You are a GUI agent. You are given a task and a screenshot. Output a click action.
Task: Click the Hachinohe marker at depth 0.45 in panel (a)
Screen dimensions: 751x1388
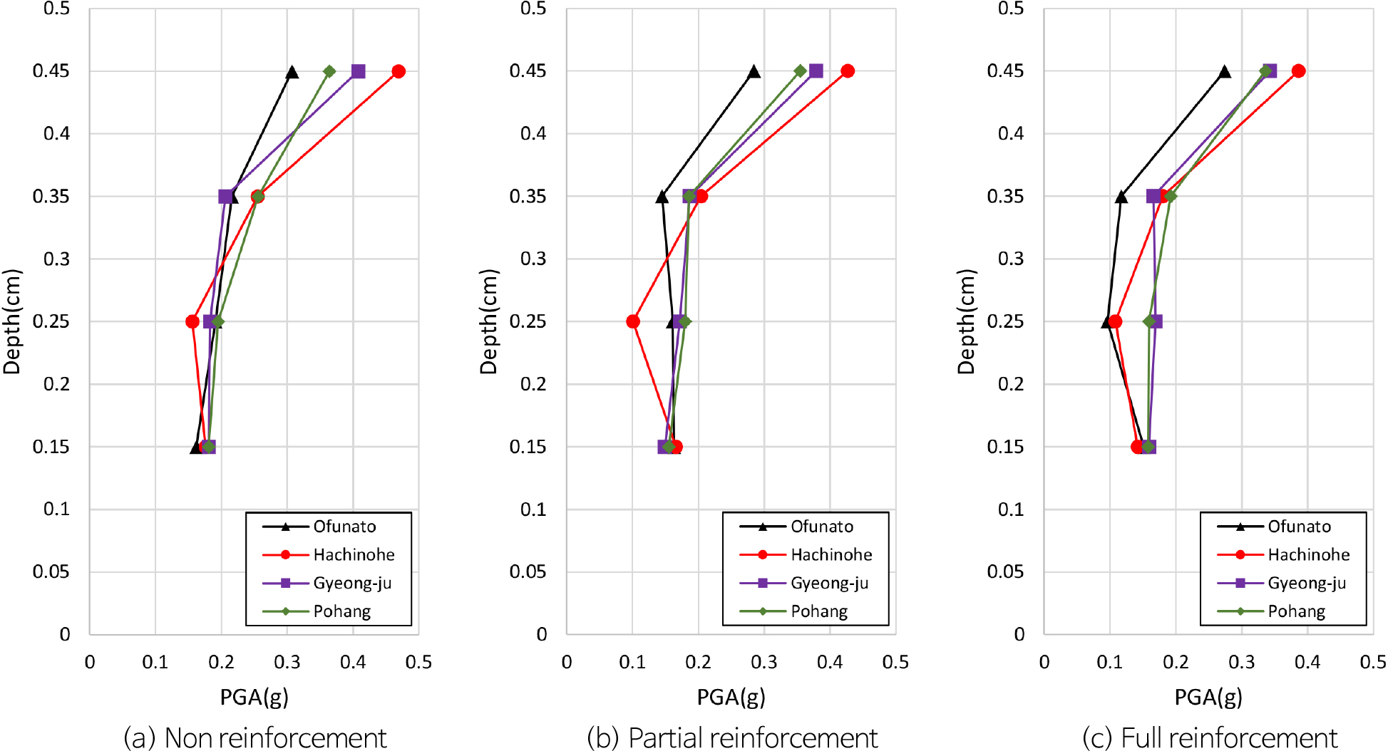(x=399, y=71)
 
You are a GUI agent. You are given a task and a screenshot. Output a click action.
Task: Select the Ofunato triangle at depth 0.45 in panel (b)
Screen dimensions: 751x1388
(x=754, y=71)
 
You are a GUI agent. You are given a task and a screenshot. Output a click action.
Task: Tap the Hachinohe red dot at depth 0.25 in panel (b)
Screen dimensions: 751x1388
(x=633, y=321)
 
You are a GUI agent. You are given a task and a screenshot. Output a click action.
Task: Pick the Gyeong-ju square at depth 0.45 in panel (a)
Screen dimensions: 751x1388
(x=359, y=71)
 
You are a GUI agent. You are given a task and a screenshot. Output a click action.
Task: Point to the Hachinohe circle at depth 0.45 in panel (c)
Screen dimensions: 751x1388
(x=1298, y=71)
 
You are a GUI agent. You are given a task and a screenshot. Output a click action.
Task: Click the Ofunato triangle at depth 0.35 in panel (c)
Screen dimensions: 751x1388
(x=1121, y=197)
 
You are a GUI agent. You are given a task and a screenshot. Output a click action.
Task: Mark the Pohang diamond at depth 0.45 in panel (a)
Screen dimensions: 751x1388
(x=329, y=71)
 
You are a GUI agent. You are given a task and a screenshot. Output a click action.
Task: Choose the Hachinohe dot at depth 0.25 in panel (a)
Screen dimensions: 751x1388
(x=192, y=321)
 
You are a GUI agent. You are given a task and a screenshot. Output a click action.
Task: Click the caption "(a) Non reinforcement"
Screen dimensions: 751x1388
(x=255, y=737)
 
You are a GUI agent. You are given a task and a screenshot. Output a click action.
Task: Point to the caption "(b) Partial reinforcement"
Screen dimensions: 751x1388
(x=732, y=737)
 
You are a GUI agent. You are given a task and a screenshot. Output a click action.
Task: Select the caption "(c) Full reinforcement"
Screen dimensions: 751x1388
(x=1210, y=737)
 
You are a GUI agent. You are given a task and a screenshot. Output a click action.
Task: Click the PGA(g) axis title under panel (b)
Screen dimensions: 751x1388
(x=731, y=697)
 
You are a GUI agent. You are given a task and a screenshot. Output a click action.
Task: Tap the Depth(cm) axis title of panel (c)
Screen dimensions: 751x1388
(x=966, y=321)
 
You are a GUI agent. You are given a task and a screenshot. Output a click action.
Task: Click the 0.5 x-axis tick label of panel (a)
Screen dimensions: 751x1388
(x=418, y=662)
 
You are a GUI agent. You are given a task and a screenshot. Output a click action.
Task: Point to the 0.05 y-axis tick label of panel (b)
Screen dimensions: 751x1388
(x=528, y=571)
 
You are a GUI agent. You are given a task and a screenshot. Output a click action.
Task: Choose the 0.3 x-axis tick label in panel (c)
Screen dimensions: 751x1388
(x=1241, y=662)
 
